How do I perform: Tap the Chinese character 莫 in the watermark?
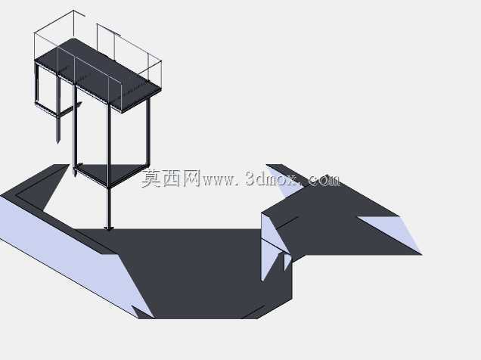pos(151,178)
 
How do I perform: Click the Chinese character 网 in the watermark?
pos(191,178)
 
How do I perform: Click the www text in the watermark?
pos(218,181)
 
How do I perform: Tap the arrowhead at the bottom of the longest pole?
pos(109,228)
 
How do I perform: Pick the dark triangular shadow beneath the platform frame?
pos(110,173)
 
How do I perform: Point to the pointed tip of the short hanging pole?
pos(58,142)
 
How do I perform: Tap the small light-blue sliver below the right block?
pos(287,262)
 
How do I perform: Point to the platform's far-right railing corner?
pos(161,61)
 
